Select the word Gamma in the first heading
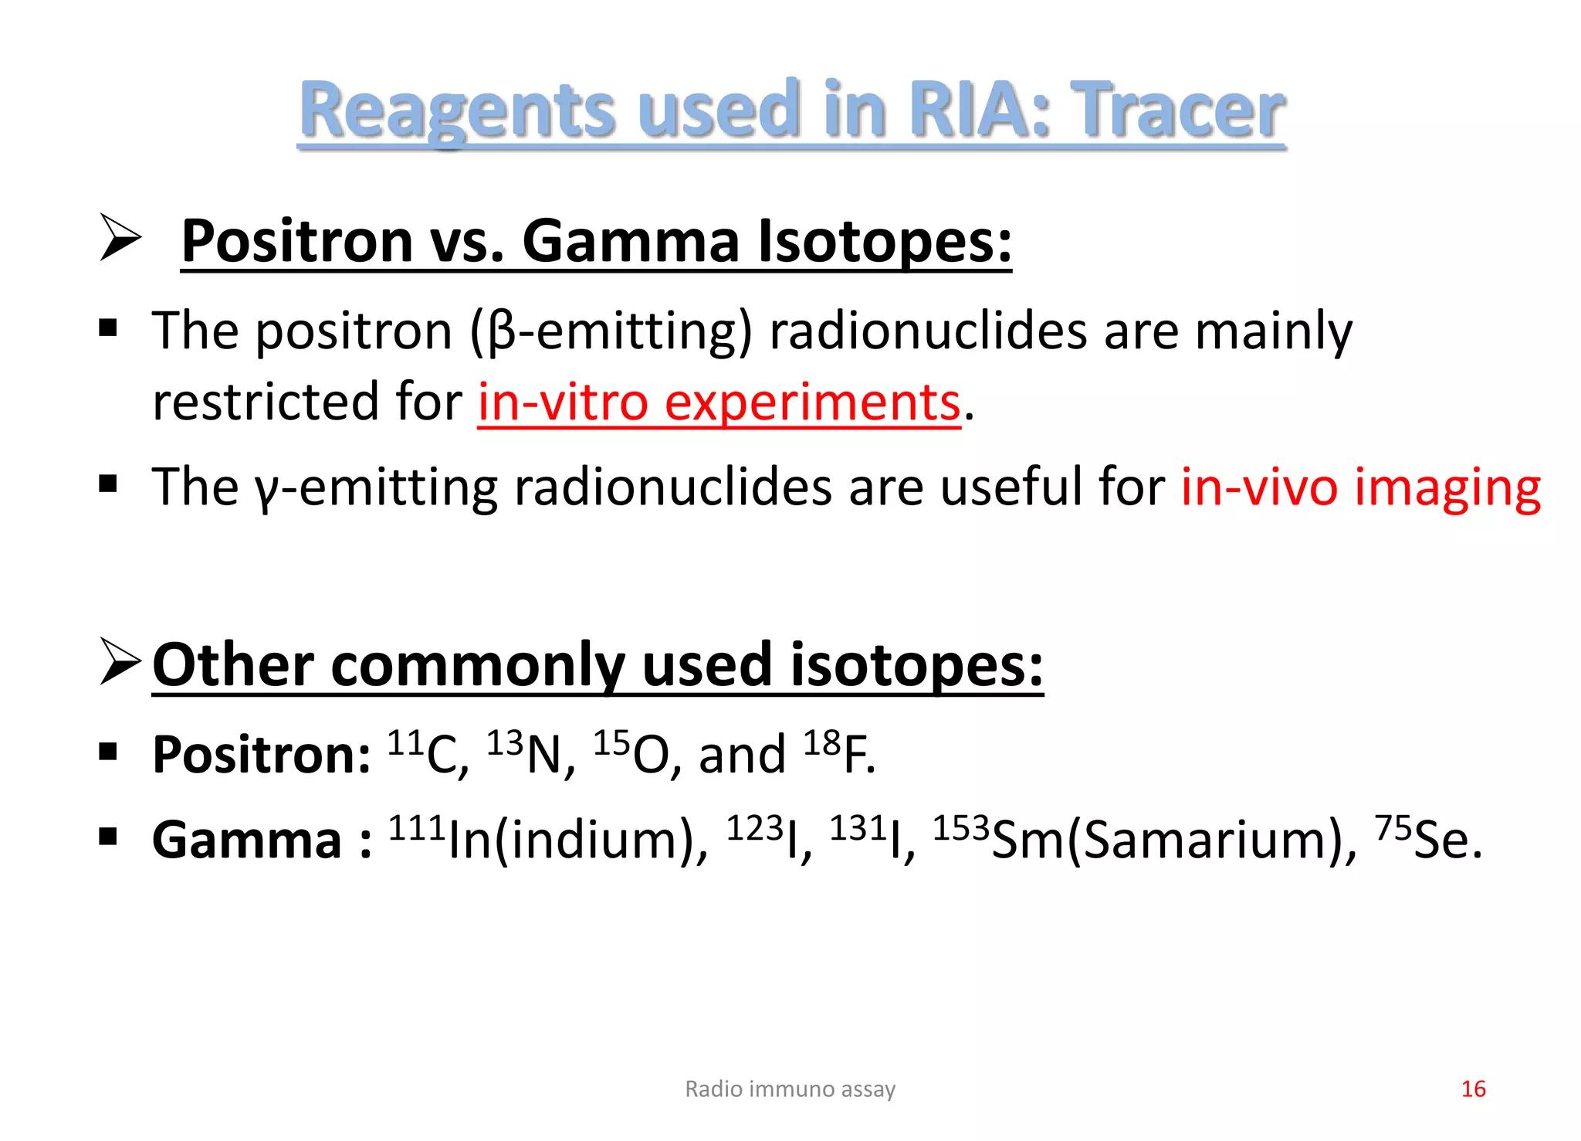631,241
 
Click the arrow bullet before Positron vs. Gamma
120,239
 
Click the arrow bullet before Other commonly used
120,662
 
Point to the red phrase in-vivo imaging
1360,487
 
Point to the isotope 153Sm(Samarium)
1143,839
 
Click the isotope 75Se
1427,839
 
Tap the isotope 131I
872,839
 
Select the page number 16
1473,1088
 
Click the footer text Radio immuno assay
790,1088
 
